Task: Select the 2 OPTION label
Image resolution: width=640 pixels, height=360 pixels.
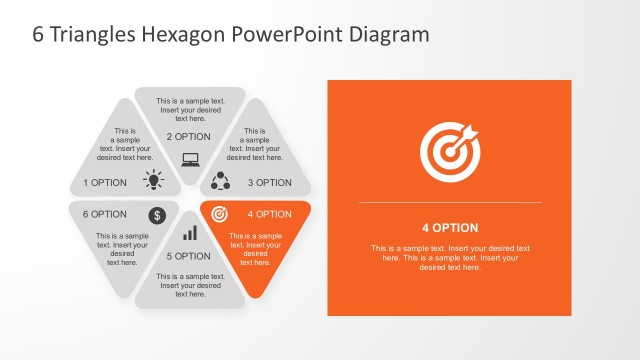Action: pos(189,137)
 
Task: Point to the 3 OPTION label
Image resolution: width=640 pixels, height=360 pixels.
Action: pos(270,183)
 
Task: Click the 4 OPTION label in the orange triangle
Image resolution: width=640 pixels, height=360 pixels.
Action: pos(270,214)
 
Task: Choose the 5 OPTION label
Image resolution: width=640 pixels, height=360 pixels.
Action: pos(188,257)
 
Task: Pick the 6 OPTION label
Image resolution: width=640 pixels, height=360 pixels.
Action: pos(104,214)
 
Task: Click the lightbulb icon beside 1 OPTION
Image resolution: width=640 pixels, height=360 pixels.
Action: pos(153,180)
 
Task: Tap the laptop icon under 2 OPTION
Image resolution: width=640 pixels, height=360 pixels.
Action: pos(190,158)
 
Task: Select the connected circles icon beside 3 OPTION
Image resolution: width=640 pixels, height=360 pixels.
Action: pos(221,180)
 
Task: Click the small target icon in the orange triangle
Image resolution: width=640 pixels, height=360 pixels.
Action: pos(221,213)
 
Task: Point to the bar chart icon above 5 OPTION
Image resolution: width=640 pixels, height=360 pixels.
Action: pos(189,233)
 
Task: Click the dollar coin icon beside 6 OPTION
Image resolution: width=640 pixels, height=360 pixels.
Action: pos(157,214)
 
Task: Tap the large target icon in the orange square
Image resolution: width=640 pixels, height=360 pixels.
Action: pos(449,152)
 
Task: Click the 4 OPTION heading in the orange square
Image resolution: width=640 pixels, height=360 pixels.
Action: pos(449,227)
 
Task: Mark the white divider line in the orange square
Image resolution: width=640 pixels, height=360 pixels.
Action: pos(449,203)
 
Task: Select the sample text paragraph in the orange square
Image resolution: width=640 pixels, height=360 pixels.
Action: pos(449,257)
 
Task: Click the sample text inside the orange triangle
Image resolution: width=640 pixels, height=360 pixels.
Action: pos(255,249)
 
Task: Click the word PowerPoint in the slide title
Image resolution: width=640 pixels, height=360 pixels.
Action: pos(291,34)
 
